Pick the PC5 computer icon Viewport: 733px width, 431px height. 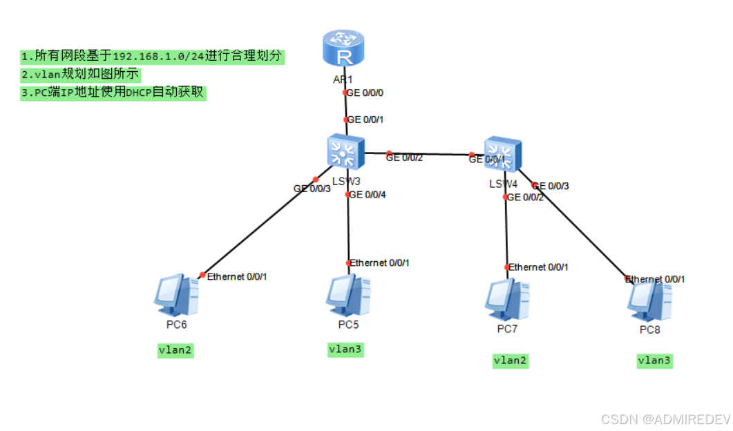(348, 295)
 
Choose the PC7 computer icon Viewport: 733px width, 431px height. (507, 298)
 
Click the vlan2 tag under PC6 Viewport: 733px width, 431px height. (175, 350)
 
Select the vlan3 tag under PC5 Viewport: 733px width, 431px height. (345, 349)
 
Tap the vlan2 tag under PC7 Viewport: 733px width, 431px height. (511, 360)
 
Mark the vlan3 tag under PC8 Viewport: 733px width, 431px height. (654, 360)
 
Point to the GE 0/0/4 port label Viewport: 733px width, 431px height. (368, 195)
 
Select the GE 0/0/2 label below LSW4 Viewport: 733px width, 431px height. (525, 198)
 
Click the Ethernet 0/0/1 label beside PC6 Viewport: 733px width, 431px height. (237, 276)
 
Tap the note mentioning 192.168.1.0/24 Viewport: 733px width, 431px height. (153, 56)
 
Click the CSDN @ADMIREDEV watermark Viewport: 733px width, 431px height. (665, 419)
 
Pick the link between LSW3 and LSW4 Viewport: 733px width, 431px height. (428, 153)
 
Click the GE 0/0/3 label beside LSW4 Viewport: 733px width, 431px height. (551, 186)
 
